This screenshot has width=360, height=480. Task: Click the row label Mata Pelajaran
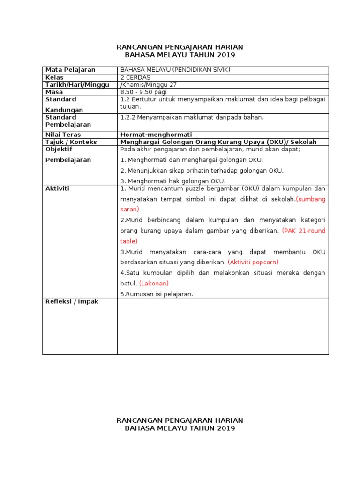[x=70, y=70]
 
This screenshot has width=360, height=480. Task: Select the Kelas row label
[x=54, y=77]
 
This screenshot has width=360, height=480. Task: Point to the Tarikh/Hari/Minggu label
[x=77, y=85]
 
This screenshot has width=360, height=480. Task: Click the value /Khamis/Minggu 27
[x=149, y=85]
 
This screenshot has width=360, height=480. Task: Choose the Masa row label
[x=54, y=92]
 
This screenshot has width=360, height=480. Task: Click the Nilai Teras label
[x=63, y=135]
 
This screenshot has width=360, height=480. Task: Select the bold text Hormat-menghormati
[x=156, y=135]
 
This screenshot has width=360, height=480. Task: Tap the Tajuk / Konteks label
[x=71, y=142]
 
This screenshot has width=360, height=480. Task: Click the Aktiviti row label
[x=57, y=188]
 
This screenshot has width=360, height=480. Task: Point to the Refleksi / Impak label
[x=72, y=302]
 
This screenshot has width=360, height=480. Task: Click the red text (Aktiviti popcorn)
[x=253, y=262]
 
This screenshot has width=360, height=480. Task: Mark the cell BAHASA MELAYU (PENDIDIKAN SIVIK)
[x=175, y=70]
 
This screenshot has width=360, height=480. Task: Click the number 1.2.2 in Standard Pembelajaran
[x=127, y=117]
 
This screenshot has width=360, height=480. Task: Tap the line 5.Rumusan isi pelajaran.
[x=157, y=294]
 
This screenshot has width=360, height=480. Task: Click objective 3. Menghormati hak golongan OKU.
[x=173, y=181]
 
